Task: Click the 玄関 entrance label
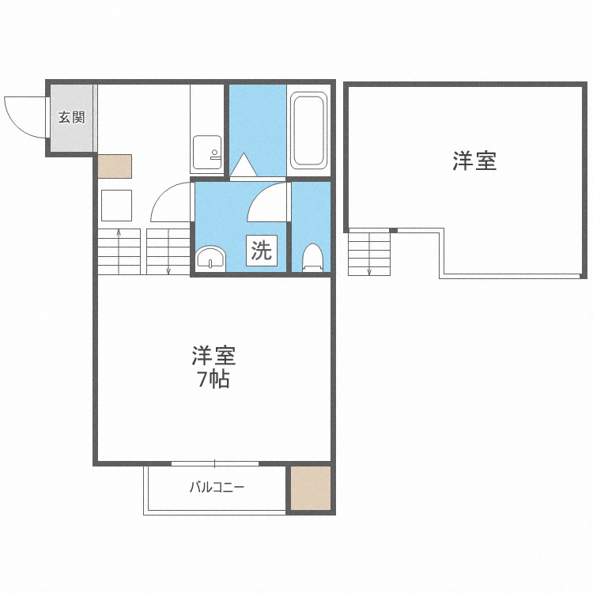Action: pyautogui.click(x=71, y=118)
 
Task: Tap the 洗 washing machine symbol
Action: pyautogui.click(x=261, y=251)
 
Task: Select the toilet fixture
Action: pyautogui.click(x=313, y=257)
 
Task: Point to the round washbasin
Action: pyautogui.click(x=210, y=258)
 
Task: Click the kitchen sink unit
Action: pyautogui.click(x=207, y=150)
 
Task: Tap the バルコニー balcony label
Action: pyautogui.click(x=216, y=487)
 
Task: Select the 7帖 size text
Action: pyautogui.click(x=213, y=380)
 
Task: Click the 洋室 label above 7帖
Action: pyautogui.click(x=213, y=356)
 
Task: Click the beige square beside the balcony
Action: pyautogui.click(x=309, y=489)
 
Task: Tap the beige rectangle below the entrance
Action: pyautogui.click(x=115, y=166)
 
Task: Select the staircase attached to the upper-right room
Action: pyautogui.click(x=369, y=252)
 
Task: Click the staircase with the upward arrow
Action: pyautogui.click(x=119, y=251)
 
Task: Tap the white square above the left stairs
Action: pyautogui.click(x=116, y=206)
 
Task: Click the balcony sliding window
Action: pyautogui.click(x=215, y=463)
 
